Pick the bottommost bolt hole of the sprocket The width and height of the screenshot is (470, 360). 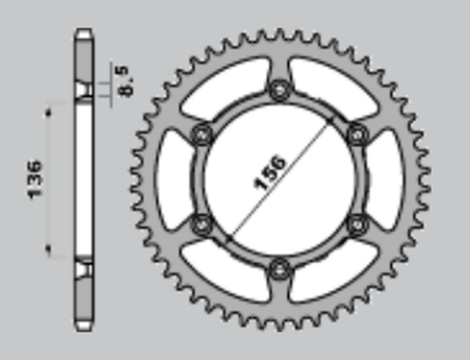click(x=282, y=265)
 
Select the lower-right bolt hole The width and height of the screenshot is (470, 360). click(x=357, y=221)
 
